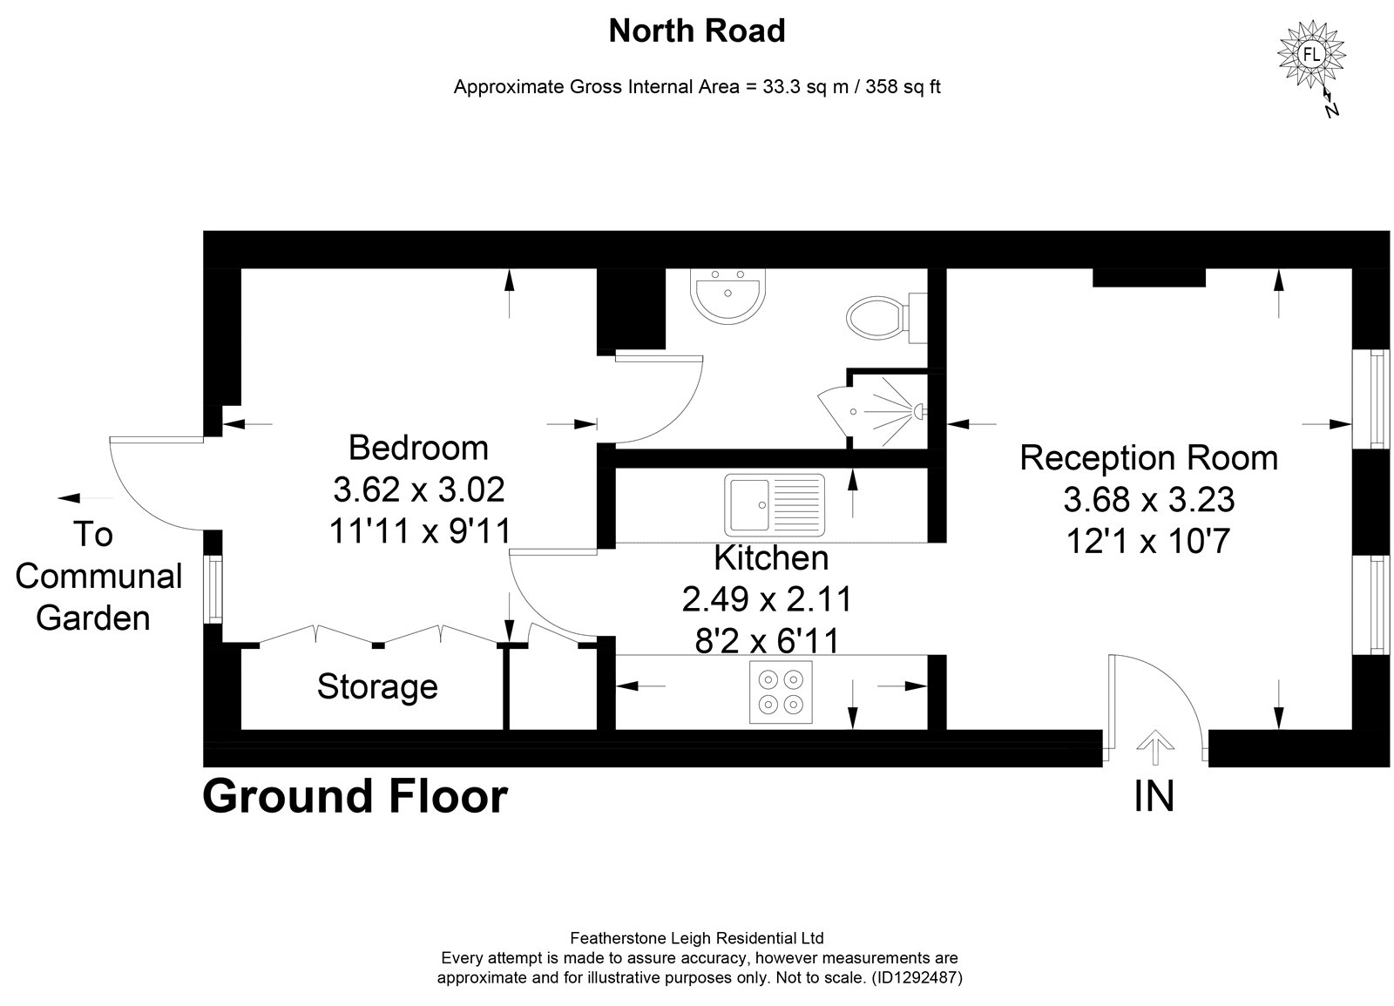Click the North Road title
click(697, 30)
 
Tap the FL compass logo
click(1311, 54)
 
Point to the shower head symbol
click(917, 411)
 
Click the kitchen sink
click(775, 504)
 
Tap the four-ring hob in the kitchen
click(781, 692)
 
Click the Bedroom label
click(418, 449)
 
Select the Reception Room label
click(1149, 458)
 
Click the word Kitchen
click(771, 558)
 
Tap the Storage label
click(377, 687)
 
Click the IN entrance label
click(1154, 796)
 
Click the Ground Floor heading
click(355, 796)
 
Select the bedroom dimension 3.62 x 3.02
click(419, 489)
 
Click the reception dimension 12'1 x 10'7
click(1149, 541)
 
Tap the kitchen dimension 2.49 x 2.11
click(767, 599)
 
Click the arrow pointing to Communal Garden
click(85, 497)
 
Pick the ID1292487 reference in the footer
click(917, 977)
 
